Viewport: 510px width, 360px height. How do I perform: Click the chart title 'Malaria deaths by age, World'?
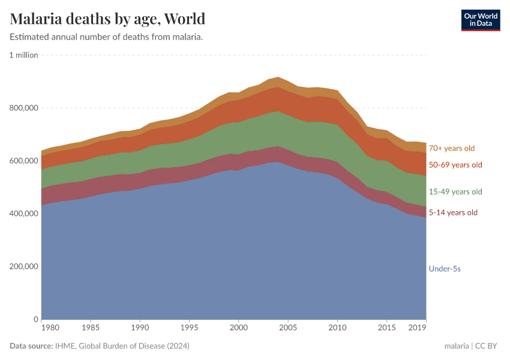tap(107, 19)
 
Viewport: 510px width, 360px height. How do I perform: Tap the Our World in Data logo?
tap(481, 20)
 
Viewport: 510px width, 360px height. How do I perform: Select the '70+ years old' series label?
tap(451, 148)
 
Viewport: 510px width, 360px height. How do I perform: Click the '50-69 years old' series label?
tap(455, 165)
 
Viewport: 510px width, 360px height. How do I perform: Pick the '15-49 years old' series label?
tap(455, 192)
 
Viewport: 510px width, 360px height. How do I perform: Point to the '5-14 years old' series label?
tap(453, 212)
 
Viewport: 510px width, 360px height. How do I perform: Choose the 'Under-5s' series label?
tap(445, 269)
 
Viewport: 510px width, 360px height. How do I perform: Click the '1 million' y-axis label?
tap(23, 55)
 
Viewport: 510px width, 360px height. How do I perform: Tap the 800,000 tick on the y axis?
tap(24, 108)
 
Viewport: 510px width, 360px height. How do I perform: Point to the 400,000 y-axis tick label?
tap(24, 214)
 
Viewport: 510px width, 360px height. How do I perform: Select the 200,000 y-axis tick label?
tap(24, 266)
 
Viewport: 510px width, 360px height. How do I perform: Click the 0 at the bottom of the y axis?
tap(35, 319)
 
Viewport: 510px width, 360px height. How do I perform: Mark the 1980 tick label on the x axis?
tap(50, 329)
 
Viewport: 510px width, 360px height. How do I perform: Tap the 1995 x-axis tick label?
tap(189, 329)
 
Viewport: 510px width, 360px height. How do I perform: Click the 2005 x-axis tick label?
tap(288, 329)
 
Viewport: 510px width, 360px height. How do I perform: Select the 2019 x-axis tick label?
tap(418, 329)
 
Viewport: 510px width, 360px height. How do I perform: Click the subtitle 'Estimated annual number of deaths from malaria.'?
tap(106, 37)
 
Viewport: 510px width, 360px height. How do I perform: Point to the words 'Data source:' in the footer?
tap(31, 346)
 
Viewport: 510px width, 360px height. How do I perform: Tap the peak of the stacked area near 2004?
tap(278, 77)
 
